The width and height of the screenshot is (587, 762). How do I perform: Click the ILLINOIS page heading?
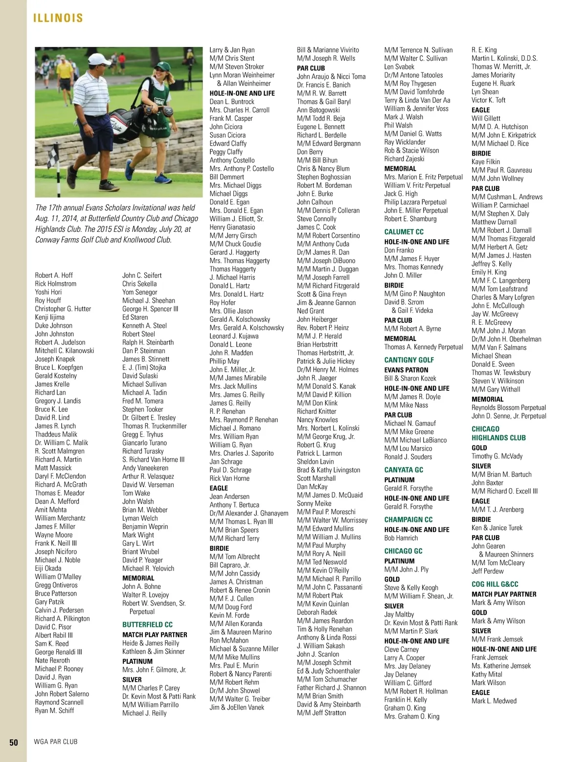tap(58, 18)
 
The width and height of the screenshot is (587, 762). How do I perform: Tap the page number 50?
tap(14, 742)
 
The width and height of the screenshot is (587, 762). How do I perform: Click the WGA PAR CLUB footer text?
tap(55, 742)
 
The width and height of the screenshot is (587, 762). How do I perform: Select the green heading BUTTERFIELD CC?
tap(147, 625)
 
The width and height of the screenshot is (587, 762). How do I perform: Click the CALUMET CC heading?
tap(404, 232)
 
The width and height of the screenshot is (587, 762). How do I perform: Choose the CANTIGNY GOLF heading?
tap(409, 360)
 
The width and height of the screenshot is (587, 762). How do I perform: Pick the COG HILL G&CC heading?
tap(495, 584)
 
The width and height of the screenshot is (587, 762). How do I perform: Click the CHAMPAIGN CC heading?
tap(408, 519)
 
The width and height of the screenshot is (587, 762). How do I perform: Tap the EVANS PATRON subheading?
tap(406, 370)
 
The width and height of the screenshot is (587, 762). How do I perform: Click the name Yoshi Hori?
tap(48, 292)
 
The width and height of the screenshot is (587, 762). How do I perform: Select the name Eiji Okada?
tap(48, 568)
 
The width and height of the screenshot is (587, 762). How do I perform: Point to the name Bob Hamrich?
tap(401, 538)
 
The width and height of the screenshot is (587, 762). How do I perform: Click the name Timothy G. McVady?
tap(497, 456)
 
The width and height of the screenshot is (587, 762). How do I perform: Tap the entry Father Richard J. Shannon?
tap(331, 688)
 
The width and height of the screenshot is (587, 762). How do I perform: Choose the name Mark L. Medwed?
tap(494, 701)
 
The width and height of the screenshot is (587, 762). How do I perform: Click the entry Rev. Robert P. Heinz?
tap(323, 328)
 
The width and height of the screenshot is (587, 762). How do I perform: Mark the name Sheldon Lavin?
tap(315, 462)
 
